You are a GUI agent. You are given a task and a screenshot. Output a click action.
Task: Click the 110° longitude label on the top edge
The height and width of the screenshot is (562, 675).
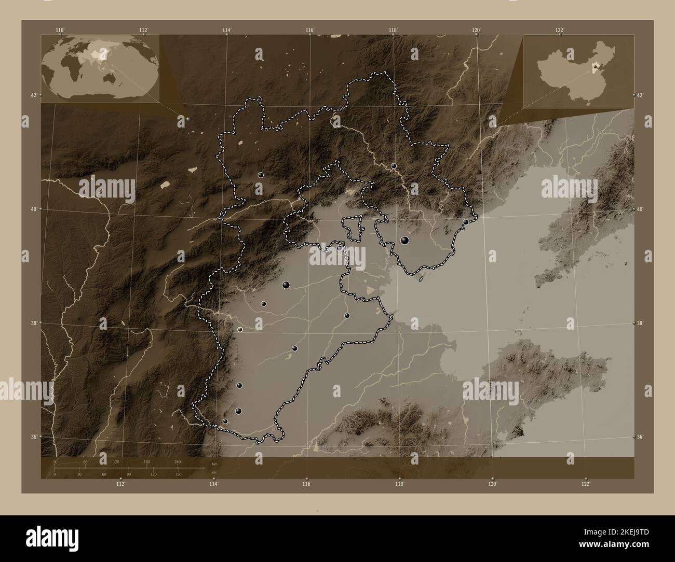pos(60,30)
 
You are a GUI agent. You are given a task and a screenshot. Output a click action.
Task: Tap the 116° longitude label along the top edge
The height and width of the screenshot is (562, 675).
pos(310,30)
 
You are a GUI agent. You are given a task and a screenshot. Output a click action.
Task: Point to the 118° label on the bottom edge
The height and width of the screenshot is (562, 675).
pos(399,484)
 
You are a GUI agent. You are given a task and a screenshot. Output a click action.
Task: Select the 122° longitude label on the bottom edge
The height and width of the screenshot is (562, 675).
pos(585,484)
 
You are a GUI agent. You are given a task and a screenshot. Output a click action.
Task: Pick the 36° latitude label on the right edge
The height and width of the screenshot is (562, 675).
pos(639,437)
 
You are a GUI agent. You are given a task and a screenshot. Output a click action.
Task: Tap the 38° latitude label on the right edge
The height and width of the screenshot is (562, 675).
pos(639,323)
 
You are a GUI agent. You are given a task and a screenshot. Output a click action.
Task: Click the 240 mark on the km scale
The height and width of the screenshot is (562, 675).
pos(178,461)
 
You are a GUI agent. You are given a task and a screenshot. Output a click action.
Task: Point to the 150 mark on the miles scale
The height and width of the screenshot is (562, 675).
pos(178,474)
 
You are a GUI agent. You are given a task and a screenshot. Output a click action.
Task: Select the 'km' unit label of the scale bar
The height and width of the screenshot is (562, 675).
pos(214,463)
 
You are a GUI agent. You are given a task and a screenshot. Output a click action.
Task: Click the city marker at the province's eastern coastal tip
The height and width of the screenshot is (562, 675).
pos(466,222)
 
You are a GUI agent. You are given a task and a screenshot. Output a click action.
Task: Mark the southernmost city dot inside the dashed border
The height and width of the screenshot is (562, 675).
pos(225,421)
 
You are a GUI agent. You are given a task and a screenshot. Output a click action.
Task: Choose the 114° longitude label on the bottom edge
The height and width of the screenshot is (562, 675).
pos(213,484)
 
